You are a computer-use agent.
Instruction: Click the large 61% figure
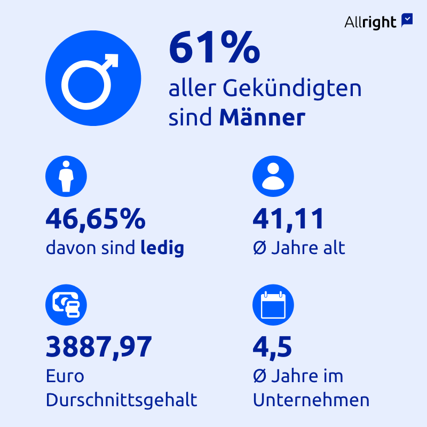214,48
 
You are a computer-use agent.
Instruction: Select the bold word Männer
262,118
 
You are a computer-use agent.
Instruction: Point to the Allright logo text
370,22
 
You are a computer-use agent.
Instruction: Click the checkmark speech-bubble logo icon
407,20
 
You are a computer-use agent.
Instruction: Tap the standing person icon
66,176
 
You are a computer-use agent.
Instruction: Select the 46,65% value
96,219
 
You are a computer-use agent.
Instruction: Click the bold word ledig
162,248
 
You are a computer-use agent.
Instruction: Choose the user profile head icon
273,176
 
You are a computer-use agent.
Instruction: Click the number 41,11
288,219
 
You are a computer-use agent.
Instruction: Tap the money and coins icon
66,305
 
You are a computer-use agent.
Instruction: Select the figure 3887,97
99,347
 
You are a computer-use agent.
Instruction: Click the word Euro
65,376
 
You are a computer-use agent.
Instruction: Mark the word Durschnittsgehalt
122,400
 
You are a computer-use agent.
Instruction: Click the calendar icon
273,305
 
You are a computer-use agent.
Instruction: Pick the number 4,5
272,347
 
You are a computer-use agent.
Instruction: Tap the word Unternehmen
311,400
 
